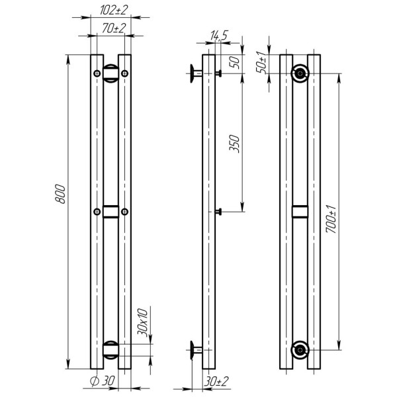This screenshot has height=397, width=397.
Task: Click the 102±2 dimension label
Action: pyautogui.click(x=114, y=10)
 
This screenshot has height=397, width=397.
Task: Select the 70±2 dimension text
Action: pyautogui.click(x=114, y=28)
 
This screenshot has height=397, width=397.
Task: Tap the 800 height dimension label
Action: pyautogui.click(x=60, y=194)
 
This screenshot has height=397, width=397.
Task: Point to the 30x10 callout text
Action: pyautogui.click(x=142, y=322)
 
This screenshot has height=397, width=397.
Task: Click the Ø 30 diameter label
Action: pyautogui.click(x=103, y=381)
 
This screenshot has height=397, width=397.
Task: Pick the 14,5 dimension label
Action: pyautogui.click(x=219, y=36)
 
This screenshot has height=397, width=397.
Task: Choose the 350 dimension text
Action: pyautogui.click(x=234, y=144)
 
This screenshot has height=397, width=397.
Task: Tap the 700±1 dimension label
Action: pyautogui.click(x=331, y=219)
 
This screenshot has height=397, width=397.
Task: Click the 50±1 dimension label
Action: pyautogui.click(x=261, y=62)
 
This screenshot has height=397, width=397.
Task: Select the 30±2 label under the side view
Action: pyautogui.click(x=216, y=381)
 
